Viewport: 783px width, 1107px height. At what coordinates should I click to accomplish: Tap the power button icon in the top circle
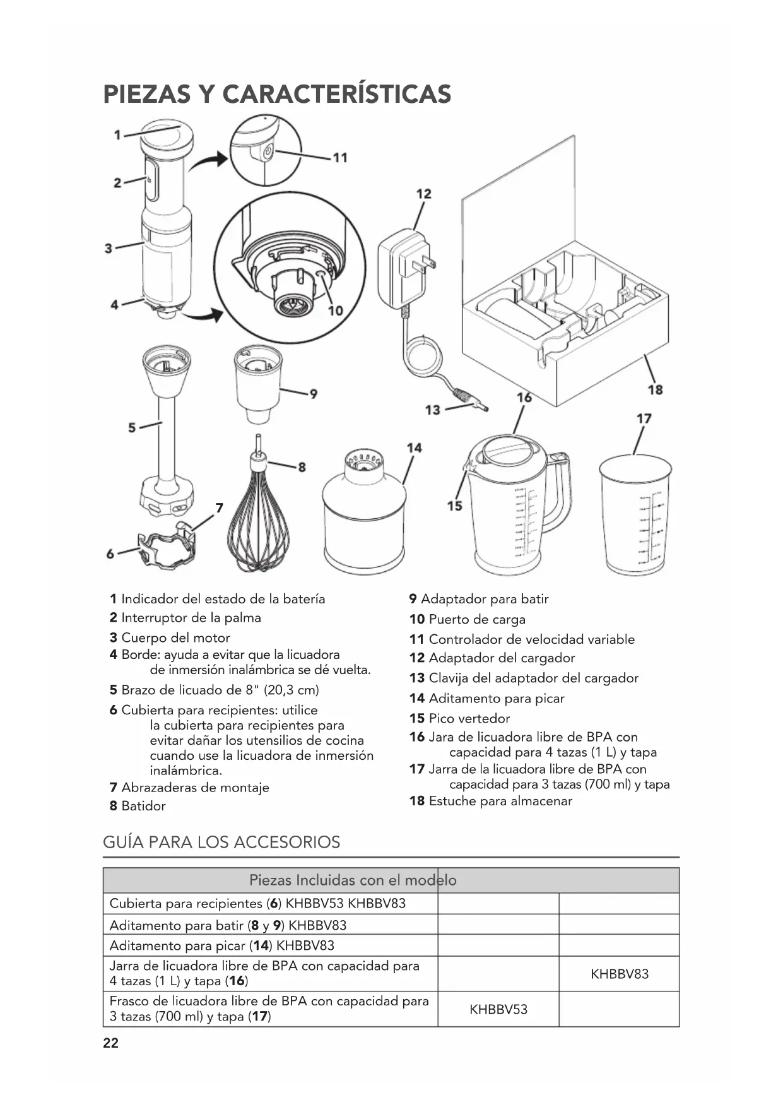pyautogui.click(x=268, y=151)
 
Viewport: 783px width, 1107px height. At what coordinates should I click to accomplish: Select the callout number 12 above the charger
pyautogui.click(x=424, y=194)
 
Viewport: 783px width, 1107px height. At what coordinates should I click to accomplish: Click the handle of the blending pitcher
pyautogui.click(x=558, y=493)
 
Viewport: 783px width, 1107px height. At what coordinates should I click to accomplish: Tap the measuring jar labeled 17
pyautogui.click(x=635, y=514)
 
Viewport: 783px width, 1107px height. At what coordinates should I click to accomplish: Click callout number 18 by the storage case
pyautogui.click(x=655, y=389)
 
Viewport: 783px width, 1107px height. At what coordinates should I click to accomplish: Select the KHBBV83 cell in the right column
pyautogui.click(x=619, y=974)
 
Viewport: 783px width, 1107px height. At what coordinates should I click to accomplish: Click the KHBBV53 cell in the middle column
pyautogui.click(x=498, y=1009)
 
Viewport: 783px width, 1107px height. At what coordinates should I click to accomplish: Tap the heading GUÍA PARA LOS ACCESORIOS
pyautogui.click(x=221, y=842)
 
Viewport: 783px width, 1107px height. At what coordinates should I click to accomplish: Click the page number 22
pyautogui.click(x=110, y=1043)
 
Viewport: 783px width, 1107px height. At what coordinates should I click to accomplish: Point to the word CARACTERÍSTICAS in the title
pyautogui.click(x=337, y=94)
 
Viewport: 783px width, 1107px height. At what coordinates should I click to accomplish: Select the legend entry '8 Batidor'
pyautogui.click(x=138, y=806)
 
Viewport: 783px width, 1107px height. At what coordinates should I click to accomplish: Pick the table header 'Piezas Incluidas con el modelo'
pyautogui.click(x=353, y=880)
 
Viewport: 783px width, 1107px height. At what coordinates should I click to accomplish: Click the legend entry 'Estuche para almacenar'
pyautogui.click(x=500, y=801)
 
